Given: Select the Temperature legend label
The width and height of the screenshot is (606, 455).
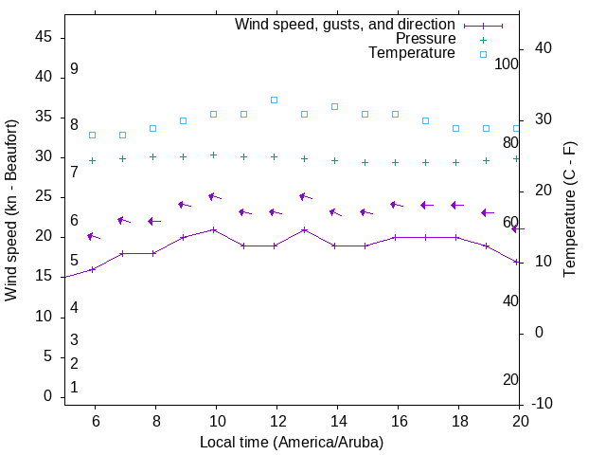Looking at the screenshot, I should point(412,53).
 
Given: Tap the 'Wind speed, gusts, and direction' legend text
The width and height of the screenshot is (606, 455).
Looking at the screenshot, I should point(346,24).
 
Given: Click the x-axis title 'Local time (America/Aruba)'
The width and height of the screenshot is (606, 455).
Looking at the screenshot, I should point(292,442).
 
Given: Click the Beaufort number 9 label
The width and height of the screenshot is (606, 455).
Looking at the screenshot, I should point(74,69).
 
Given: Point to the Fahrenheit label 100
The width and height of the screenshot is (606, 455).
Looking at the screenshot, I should point(508,64).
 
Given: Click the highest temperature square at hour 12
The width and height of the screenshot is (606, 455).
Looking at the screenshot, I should point(275,100).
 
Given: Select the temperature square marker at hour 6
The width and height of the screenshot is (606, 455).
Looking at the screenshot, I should point(93,136).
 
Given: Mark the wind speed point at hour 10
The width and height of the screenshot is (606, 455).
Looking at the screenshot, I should point(214,229).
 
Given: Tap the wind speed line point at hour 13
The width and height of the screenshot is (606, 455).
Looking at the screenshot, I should point(305,229).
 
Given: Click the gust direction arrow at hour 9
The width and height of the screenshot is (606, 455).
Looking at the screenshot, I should point(184,205).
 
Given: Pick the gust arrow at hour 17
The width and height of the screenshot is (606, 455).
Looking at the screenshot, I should point(426,205).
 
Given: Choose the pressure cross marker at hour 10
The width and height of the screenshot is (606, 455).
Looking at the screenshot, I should point(214,155).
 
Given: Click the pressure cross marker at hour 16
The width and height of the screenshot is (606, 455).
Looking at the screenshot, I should point(396,162).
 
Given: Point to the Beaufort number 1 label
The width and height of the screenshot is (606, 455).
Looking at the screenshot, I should point(74,388).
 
